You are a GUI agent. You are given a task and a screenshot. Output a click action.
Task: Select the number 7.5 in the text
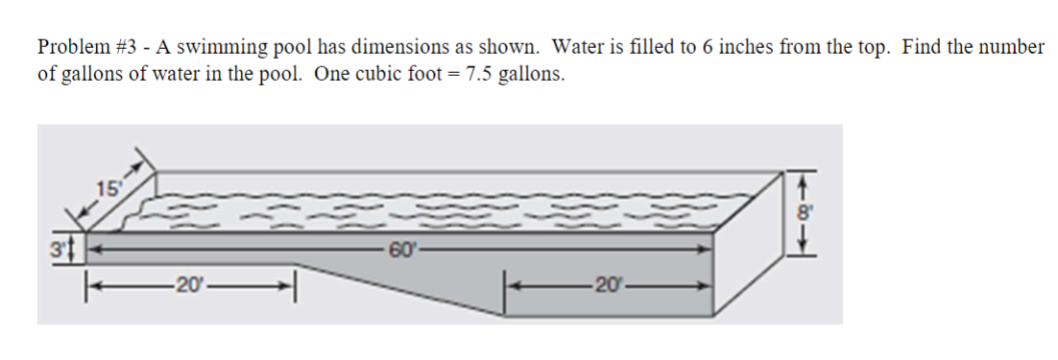[x=478, y=75]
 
